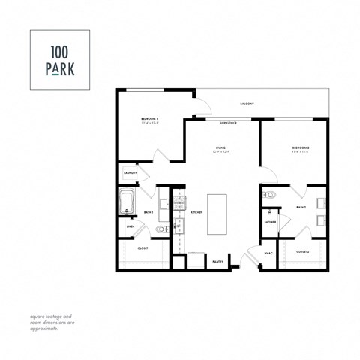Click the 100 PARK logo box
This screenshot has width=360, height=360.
[59, 59]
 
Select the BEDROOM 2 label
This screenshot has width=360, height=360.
[301, 149]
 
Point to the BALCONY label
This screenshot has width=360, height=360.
[247, 103]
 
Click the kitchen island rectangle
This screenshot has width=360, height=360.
[217, 214]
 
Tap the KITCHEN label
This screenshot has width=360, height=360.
[196, 213]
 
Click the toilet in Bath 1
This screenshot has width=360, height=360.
[159, 229]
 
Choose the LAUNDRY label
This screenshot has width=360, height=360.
[130, 173]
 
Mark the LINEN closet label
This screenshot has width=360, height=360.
[130, 226]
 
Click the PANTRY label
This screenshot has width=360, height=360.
[217, 262]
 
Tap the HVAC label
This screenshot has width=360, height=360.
[268, 253]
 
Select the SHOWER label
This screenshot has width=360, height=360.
[270, 222]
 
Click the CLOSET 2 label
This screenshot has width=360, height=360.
[303, 251]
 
